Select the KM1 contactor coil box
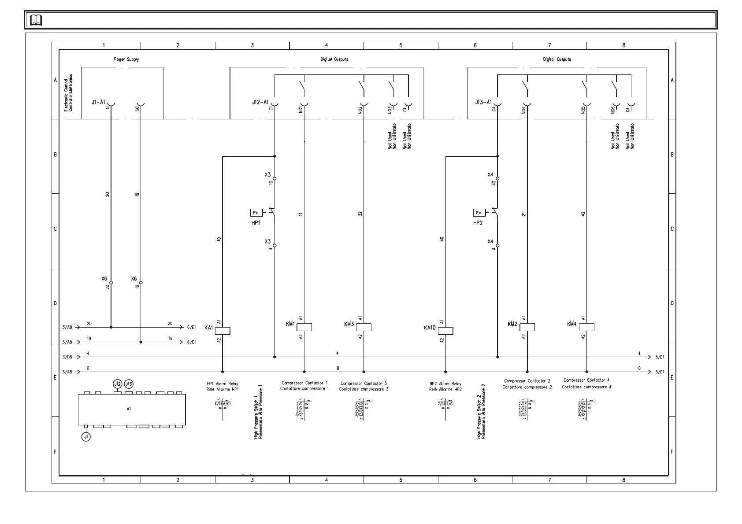tap(304, 327)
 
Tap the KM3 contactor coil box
tap(364, 327)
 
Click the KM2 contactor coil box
tap(527, 327)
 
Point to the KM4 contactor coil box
tap(586, 327)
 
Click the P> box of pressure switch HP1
tap(256, 213)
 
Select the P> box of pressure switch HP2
tap(479, 213)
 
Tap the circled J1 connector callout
tap(86, 437)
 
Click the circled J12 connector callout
tap(117, 384)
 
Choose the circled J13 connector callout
tap(129, 384)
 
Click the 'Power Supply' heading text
tap(126, 59)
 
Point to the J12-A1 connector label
tap(260, 102)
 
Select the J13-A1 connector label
tap(483, 102)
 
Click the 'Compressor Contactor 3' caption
tap(364, 384)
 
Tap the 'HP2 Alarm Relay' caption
tap(445, 384)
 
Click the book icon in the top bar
tap(36, 20)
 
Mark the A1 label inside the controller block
tap(129, 409)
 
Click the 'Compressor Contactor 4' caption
tap(586, 380)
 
